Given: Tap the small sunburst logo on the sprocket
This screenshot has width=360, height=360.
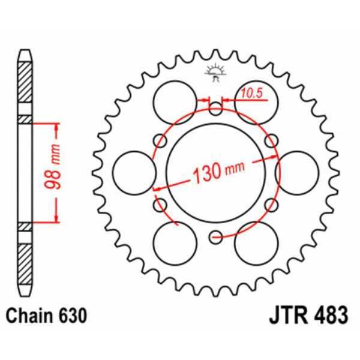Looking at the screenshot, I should [215, 71].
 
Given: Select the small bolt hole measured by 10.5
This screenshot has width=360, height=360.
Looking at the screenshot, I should [216, 109].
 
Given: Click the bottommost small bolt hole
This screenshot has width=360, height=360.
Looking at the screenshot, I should [216, 238].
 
